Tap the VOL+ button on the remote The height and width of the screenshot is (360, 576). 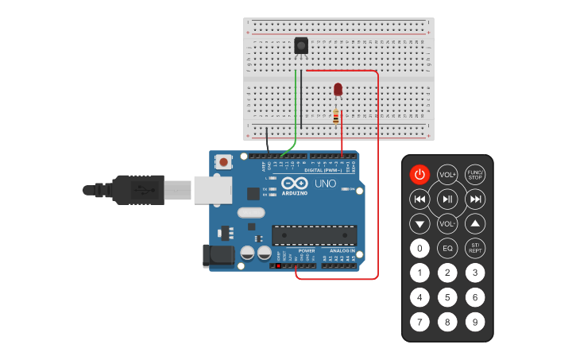[447, 175]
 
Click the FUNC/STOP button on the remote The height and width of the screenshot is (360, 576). [475, 174]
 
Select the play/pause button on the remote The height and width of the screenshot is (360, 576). [447, 199]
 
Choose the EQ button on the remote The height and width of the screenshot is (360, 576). [447, 249]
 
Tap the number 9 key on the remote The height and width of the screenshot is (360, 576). [474, 322]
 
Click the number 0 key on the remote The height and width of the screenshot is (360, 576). [419, 249]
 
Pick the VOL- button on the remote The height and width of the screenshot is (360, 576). [447, 223]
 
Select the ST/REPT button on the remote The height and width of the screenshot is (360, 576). [475, 248]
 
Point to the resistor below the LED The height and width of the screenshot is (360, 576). [336, 117]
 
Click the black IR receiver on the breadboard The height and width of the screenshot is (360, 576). [301, 46]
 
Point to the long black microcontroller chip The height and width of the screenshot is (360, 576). [314, 234]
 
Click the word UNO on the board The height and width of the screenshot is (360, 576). [327, 184]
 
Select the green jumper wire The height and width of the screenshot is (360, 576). [297, 111]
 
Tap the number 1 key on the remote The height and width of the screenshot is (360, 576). [419, 273]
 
